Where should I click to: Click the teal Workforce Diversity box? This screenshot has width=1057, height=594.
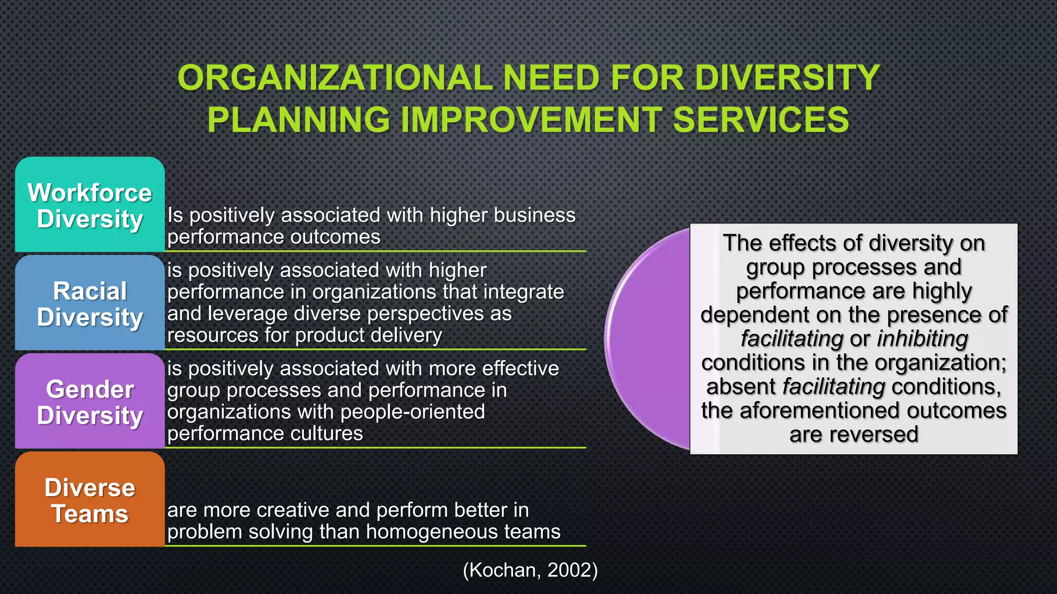[90, 205]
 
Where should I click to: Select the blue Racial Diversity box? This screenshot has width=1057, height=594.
[90, 304]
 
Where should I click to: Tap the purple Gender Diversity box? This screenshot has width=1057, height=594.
[90, 402]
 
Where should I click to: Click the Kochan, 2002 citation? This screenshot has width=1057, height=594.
[530, 570]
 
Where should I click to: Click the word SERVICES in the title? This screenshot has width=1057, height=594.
[761, 120]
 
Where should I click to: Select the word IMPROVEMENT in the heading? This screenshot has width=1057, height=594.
[531, 120]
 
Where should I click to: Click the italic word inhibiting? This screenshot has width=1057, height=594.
[922, 339]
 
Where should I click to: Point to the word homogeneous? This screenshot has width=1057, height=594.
[420, 532]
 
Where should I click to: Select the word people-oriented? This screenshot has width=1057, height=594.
[412, 412]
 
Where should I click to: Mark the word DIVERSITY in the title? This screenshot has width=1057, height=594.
[787, 78]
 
